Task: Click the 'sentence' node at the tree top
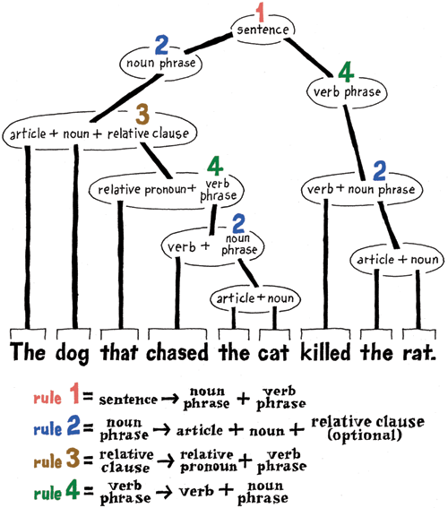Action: (x=263, y=30)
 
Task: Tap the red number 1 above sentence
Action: (x=261, y=12)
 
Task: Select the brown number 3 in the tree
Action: (x=142, y=115)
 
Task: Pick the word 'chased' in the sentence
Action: (x=177, y=352)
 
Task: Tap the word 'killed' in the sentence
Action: (x=325, y=351)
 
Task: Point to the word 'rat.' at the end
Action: (x=419, y=352)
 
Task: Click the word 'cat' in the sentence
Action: (x=274, y=353)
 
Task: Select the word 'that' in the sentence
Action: (x=119, y=352)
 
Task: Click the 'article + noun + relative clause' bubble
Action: (x=99, y=133)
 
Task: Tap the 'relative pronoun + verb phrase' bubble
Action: (x=167, y=190)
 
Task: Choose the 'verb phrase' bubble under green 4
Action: (x=347, y=91)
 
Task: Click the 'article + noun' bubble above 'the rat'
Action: (x=398, y=260)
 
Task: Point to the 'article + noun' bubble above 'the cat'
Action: (x=255, y=298)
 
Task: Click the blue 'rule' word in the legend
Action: (x=47, y=429)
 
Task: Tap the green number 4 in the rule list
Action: (x=73, y=489)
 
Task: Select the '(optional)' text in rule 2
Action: (x=365, y=435)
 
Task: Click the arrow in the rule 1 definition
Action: (x=170, y=399)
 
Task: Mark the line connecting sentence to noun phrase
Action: (x=208, y=43)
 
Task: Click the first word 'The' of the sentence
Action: (x=28, y=352)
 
